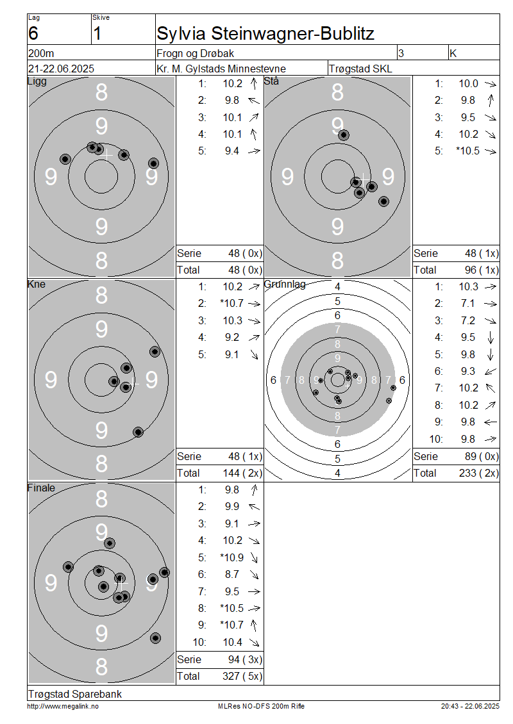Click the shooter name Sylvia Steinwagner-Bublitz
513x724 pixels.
(x=265, y=34)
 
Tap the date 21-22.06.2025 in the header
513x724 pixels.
(x=61, y=69)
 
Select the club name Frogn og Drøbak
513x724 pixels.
(x=195, y=54)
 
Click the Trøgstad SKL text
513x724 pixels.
(x=360, y=69)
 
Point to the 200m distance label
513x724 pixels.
(x=41, y=53)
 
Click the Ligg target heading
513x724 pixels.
(x=37, y=82)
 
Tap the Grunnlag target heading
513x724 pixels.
(x=285, y=284)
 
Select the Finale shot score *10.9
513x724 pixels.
(x=232, y=558)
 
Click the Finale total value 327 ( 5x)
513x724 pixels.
(x=242, y=677)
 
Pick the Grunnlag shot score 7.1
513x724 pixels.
(x=467, y=303)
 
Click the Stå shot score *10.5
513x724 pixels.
(x=467, y=151)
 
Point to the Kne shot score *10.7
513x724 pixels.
(x=232, y=303)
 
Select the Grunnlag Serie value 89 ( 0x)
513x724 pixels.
(x=482, y=457)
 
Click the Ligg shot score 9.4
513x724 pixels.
(x=232, y=151)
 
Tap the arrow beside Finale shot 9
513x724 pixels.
(x=254, y=625)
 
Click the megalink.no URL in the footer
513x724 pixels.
(x=63, y=706)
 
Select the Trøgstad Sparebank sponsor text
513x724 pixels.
(x=75, y=694)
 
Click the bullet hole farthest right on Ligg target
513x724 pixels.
(x=153, y=163)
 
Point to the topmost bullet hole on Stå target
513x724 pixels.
(x=343, y=135)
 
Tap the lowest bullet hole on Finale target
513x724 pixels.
(x=156, y=639)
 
